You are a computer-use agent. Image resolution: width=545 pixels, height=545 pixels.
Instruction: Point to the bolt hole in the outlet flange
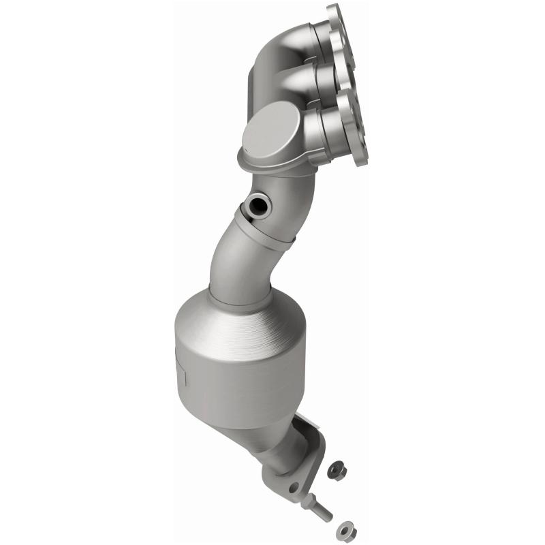tap(294, 488)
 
